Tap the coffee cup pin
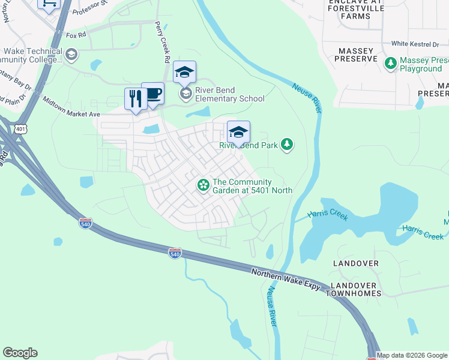coord(152,94)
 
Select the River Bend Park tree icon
coord(288,144)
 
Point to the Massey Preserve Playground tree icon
coord(391,62)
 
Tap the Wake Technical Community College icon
coord(71,55)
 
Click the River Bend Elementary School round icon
coord(185,93)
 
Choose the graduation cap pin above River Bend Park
coord(238,132)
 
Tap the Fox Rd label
coord(76,35)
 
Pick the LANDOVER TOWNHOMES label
coord(355,289)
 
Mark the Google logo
coord(20,353)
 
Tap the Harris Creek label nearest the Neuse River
coord(328,215)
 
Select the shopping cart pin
coord(49,4)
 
